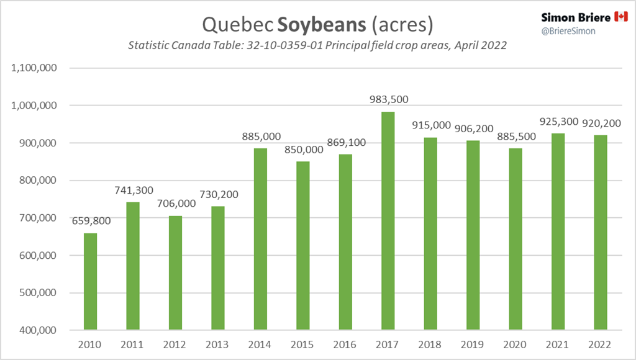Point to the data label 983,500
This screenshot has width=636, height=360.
pyautogui.click(x=388, y=100)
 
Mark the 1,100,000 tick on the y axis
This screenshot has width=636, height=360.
pyautogui.click(x=35, y=68)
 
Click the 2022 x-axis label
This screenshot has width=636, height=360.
pyautogui.click(x=601, y=343)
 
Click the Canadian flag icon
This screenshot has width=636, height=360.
pyautogui.click(x=621, y=17)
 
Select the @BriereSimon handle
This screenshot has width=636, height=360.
pyautogui.click(x=568, y=30)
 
